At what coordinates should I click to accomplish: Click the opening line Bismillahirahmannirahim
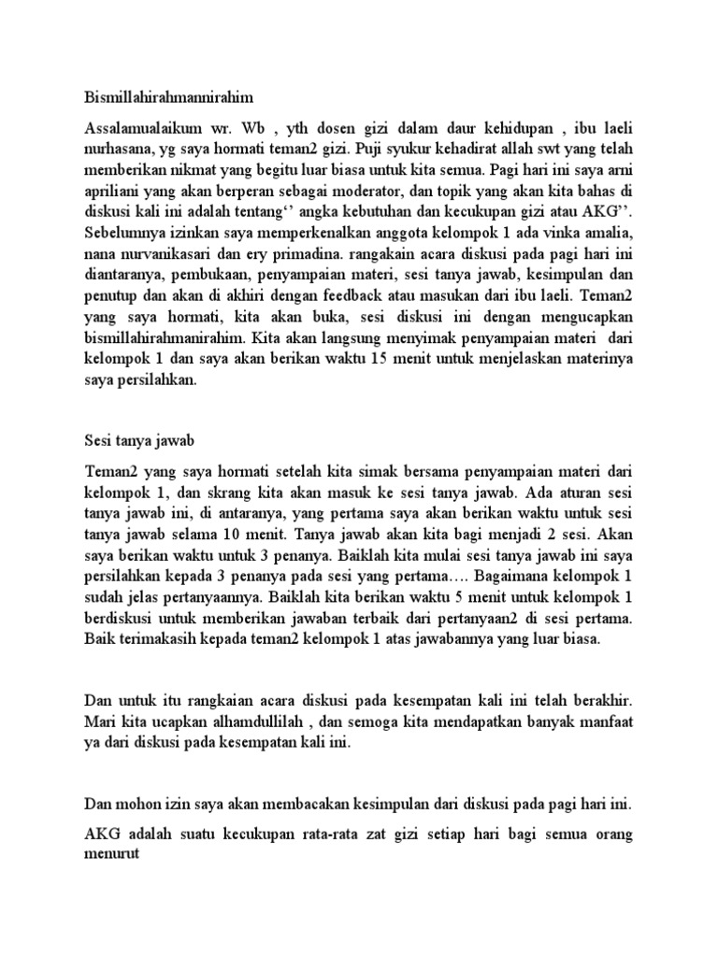coord(169,95)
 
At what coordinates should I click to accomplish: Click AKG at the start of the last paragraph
coord(102,835)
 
